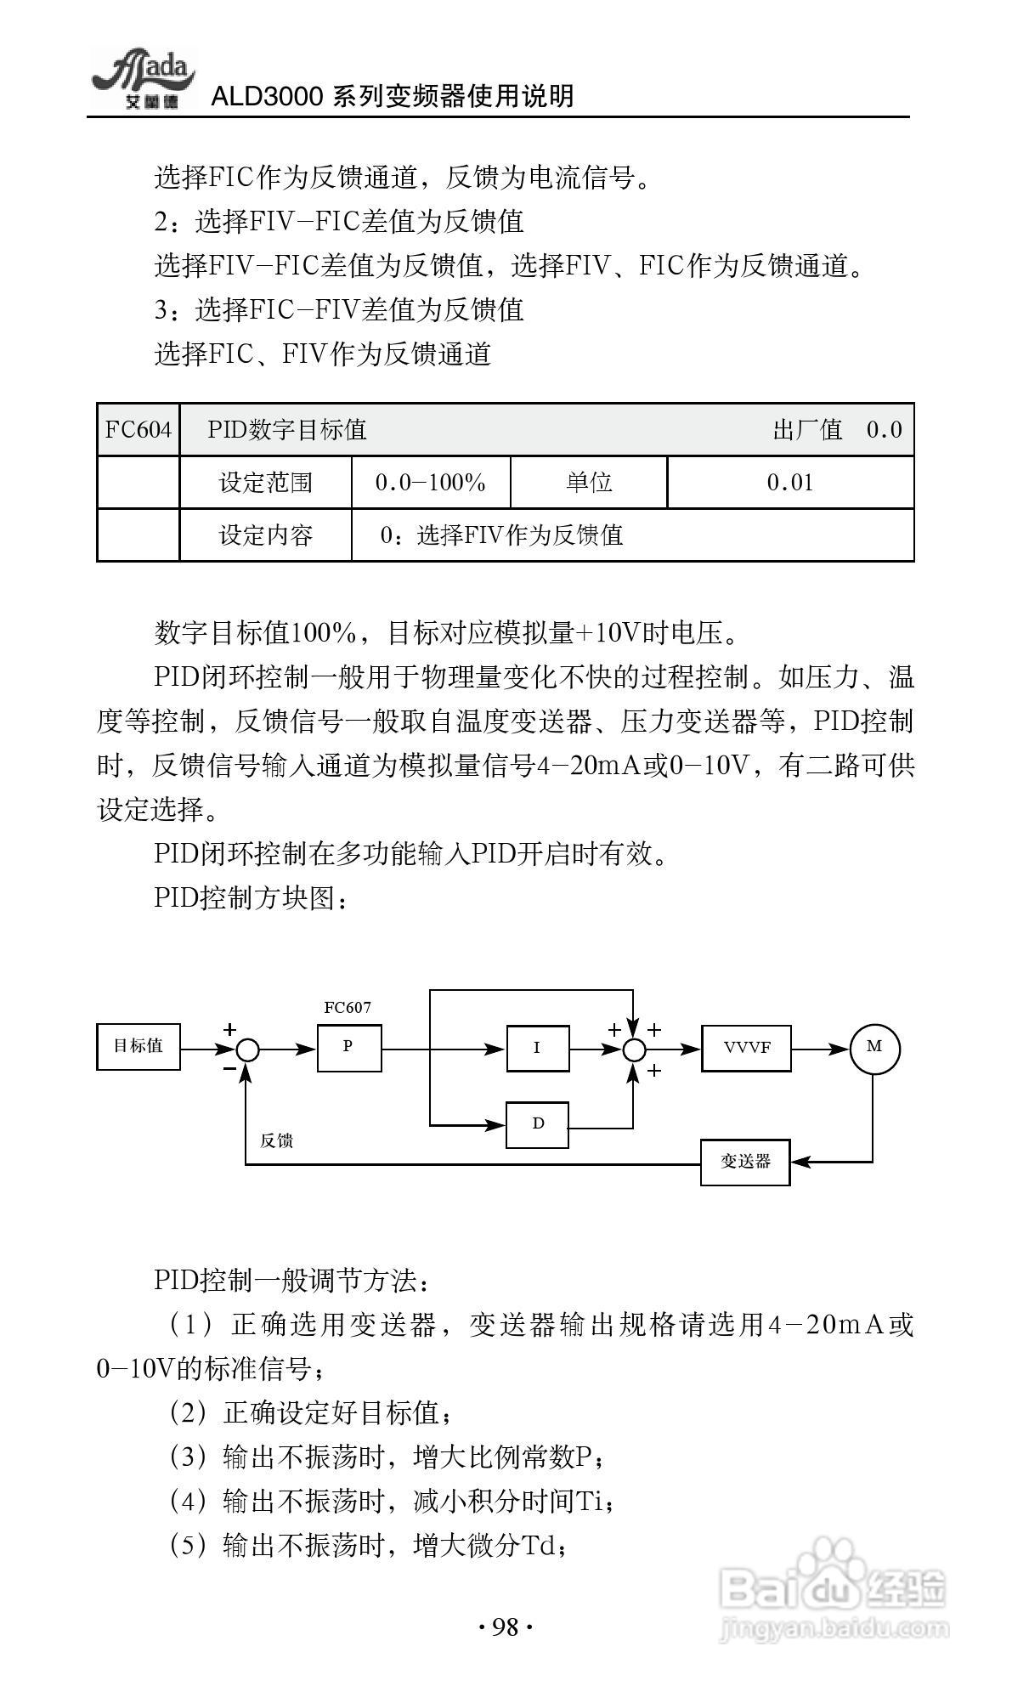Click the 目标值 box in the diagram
click(139, 1046)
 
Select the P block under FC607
click(349, 1047)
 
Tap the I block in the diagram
click(537, 1048)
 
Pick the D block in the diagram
click(537, 1123)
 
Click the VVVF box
click(746, 1048)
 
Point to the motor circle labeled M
click(874, 1048)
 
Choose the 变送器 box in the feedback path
click(745, 1162)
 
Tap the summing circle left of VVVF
click(634, 1050)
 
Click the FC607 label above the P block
click(348, 1008)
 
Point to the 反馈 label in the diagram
click(277, 1140)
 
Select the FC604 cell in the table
click(139, 430)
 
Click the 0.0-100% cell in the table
click(431, 483)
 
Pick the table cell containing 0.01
click(790, 483)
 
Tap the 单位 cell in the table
click(589, 483)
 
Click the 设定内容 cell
click(266, 535)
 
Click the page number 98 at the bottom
click(506, 1627)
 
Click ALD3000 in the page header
click(266, 96)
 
